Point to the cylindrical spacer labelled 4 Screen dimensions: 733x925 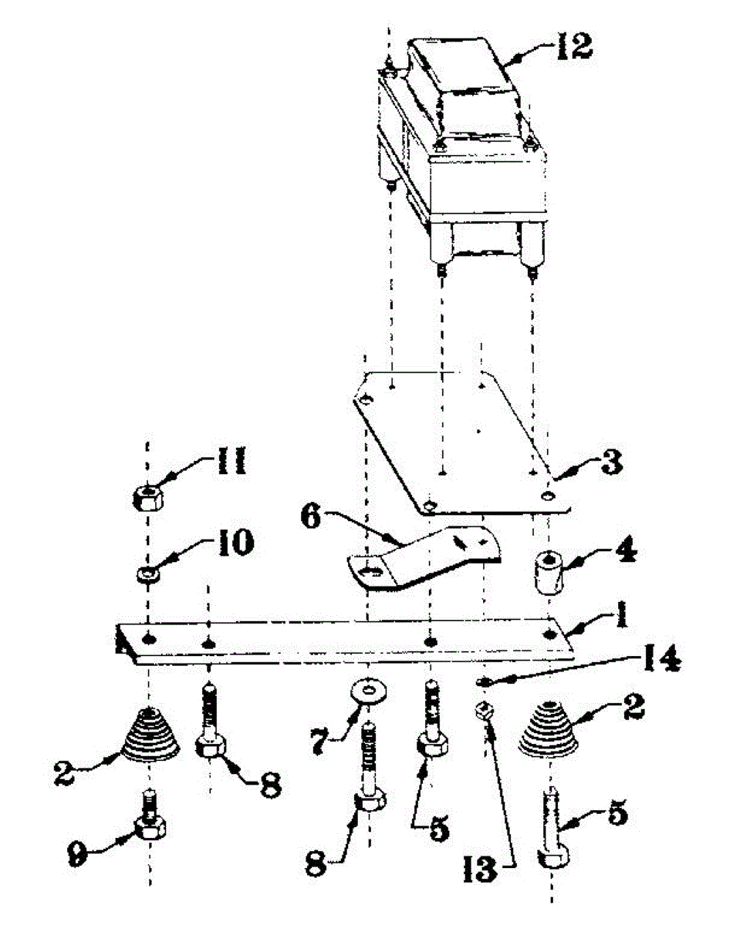click(x=548, y=573)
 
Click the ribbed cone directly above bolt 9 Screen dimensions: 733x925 click(x=150, y=736)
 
